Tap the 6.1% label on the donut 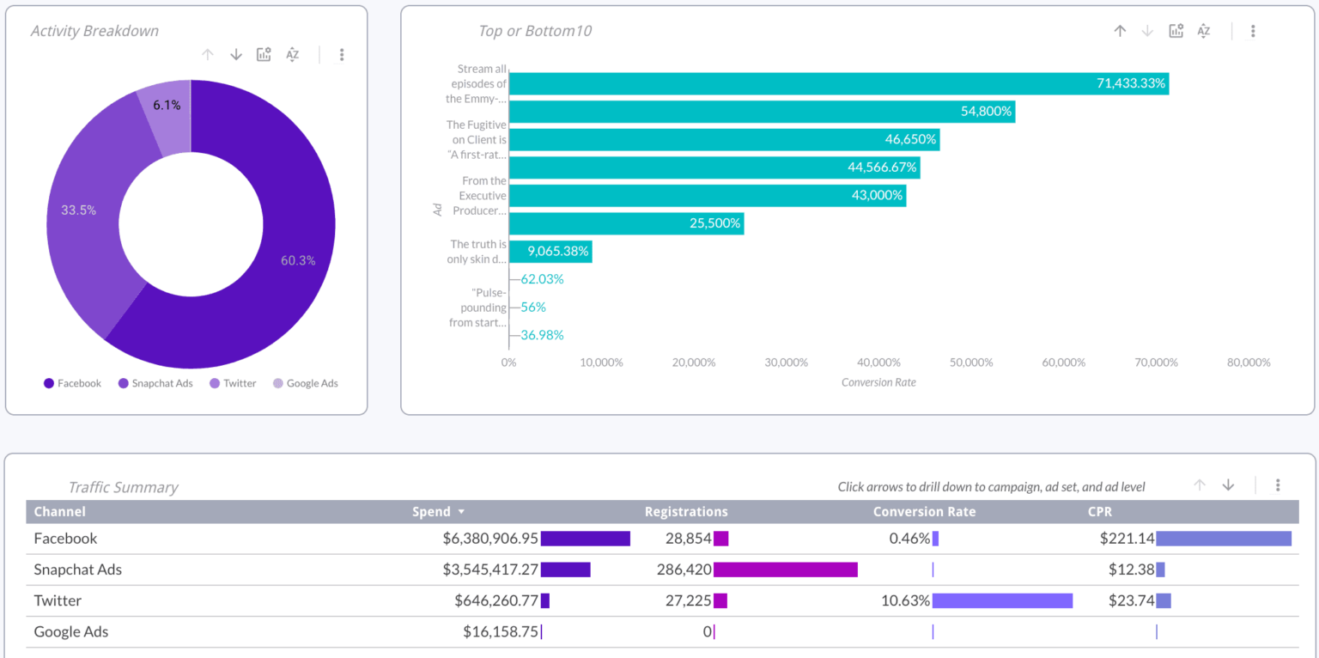click(167, 105)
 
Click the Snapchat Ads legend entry click(161, 383)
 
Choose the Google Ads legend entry click(312, 383)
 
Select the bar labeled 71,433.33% click(837, 83)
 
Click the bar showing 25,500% click(626, 223)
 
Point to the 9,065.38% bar click(550, 252)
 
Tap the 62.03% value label click(542, 279)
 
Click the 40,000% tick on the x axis click(879, 363)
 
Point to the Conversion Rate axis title click(878, 382)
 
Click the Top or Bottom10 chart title click(534, 31)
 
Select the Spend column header click(431, 512)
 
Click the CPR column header click(1100, 512)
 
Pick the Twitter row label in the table click(58, 600)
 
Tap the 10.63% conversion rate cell click(905, 600)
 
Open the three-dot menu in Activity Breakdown click(342, 55)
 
